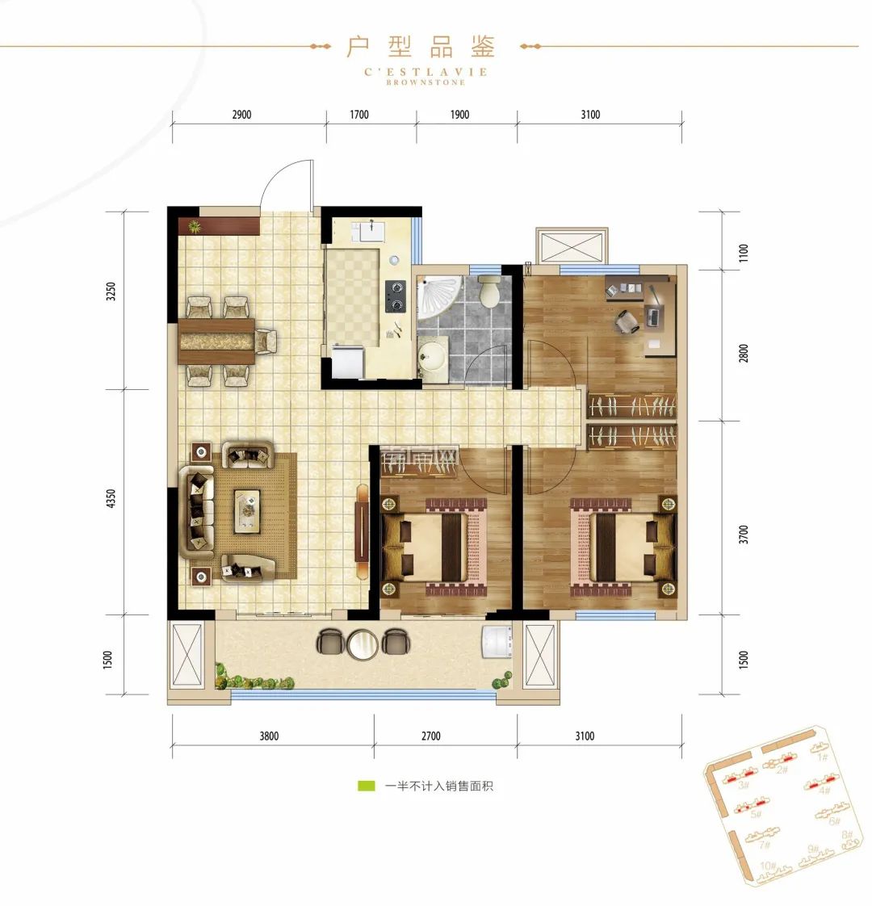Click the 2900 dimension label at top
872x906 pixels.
241,115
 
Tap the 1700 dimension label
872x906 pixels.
359,115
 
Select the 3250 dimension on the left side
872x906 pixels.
111,292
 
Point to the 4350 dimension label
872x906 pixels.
111,499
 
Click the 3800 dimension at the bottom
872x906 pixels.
269,736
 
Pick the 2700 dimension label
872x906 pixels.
431,736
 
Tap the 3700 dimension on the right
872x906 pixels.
744,535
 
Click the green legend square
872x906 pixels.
366,786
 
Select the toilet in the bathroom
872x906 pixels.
489,292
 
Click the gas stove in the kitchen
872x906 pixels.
395,295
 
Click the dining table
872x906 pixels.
216,340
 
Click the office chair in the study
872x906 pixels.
627,321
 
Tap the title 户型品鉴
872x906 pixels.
421,46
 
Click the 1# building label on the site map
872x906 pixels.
823,757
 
